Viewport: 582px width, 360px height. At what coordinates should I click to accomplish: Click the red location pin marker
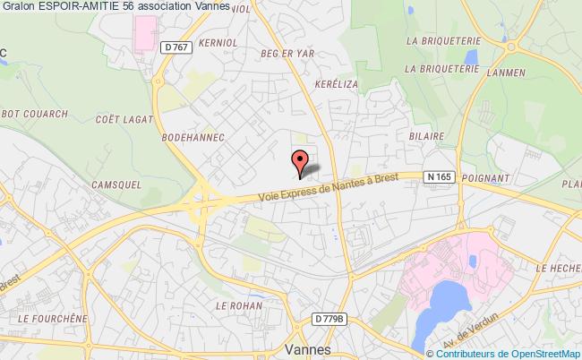coord(300,160)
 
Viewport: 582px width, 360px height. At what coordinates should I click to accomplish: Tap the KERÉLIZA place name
coord(312,107)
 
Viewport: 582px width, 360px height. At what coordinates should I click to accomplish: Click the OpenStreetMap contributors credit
coord(512,352)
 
